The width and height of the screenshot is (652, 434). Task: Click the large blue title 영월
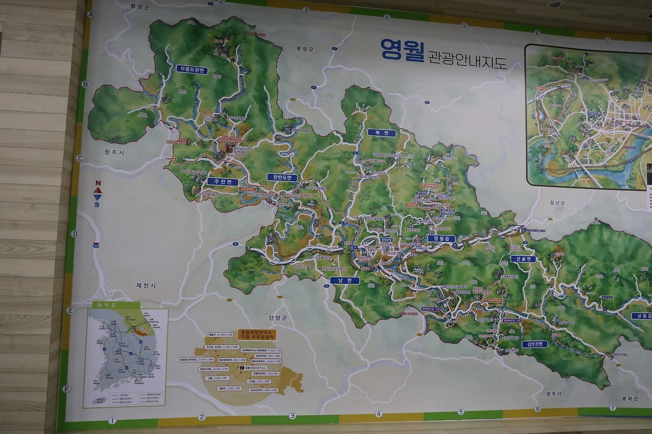[x=402, y=50]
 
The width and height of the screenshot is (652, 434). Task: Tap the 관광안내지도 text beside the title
[x=467, y=60]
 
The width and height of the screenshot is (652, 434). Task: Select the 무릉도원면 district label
[x=193, y=70]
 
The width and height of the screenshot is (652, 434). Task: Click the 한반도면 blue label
[x=282, y=177]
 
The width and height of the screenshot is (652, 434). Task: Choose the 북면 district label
[x=382, y=133]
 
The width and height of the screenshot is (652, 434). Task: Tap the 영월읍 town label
[x=441, y=238]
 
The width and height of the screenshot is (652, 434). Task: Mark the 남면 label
[x=345, y=280]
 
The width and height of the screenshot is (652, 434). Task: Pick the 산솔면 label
[x=524, y=259]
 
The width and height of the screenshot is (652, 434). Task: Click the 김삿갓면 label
[x=534, y=344]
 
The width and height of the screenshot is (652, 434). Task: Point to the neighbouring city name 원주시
[x=115, y=152]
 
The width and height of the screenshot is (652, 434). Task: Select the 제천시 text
[x=146, y=286]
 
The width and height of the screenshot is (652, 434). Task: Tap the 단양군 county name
[x=278, y=317]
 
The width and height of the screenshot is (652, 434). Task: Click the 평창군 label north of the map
[x=305, y=49]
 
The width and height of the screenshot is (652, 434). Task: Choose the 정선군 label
[x=557, y=202]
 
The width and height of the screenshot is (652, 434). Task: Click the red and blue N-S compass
[x=97, y=194]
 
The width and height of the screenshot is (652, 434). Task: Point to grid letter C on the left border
[x=80, y=158]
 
